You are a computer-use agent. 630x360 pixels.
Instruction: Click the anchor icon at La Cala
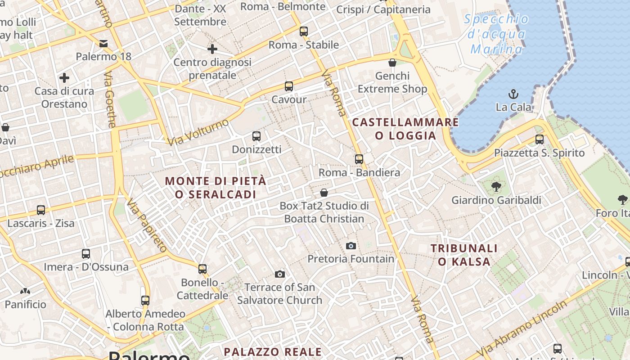click(x=513, y=94)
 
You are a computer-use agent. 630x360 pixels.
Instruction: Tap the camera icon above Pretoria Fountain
click(x=351, y=246)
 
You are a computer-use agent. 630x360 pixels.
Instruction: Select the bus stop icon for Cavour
click(x=289, y=86)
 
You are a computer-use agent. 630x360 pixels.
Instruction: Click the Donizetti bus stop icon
click(x=256, y=136)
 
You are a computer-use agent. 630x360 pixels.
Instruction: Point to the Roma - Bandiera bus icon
click(x=359, y=159)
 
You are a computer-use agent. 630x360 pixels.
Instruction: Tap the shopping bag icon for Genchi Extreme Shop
click(x=392, y=62)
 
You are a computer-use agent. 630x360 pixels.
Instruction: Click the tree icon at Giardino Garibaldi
click(x=496, y=186)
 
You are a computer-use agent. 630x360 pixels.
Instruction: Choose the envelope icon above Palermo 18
click(x=103, y=43)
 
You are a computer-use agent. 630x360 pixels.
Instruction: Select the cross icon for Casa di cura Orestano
click(x=64, y=78)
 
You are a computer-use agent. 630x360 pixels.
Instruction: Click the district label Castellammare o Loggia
click(x=405, y=129)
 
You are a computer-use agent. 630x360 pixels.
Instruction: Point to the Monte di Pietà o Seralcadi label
click(x=215, y=188)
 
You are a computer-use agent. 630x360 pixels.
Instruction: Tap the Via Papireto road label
click(x=147, y=225)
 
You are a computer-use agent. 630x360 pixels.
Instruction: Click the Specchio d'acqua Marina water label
click(x=497, y=34)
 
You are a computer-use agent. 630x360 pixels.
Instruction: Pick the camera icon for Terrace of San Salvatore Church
click(x=280, y=274)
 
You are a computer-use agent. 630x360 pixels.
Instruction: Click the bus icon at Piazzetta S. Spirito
click(x=539, y=139)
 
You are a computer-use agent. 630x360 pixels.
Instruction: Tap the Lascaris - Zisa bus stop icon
click(x=41, y=210)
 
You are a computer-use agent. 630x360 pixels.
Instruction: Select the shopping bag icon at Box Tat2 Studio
click(x=324, y=193)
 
